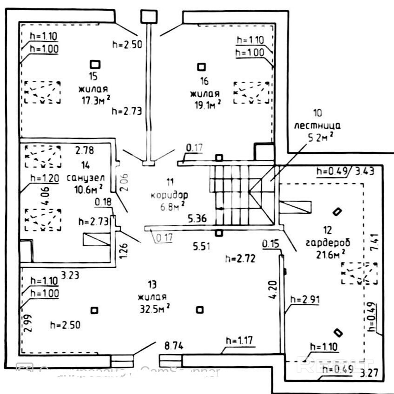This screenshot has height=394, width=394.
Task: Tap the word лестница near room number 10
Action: click(x=317, y=125)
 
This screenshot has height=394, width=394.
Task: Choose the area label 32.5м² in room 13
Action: click(x=153, y=308)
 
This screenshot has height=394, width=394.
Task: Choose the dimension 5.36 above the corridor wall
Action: click(x=197, y=217)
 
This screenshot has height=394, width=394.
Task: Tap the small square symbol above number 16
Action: click(x=201, y=66)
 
